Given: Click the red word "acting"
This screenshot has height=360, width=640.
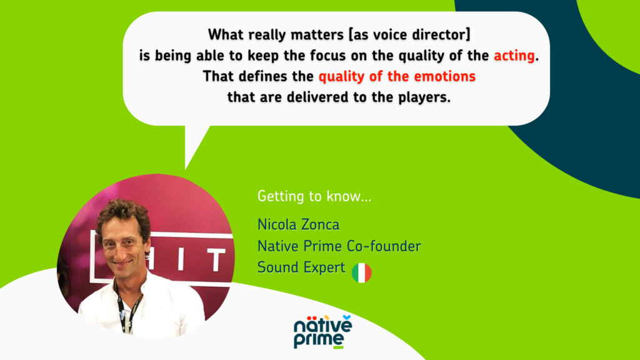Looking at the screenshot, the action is click(514, 56).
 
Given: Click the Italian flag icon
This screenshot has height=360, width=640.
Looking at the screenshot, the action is click(362, 272).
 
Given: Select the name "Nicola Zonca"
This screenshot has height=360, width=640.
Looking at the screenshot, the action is click(298, 224).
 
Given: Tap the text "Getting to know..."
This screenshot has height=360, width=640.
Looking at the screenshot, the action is click(314, 196).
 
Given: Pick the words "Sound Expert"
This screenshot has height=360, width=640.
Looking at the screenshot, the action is click(301, 267).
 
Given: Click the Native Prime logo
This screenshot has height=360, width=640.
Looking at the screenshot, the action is click(322, 332).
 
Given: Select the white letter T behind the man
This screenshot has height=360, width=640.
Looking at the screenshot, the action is click(216, 261).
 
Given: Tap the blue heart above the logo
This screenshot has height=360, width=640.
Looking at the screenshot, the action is click(347, 317).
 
